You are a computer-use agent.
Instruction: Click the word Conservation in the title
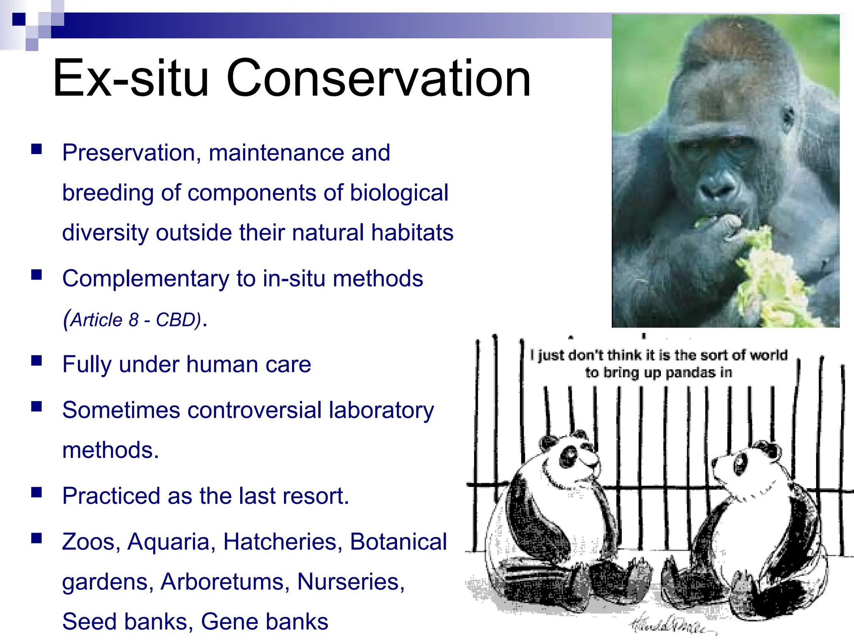[x=378, y=78]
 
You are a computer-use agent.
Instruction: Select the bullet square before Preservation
[x=37, y=149]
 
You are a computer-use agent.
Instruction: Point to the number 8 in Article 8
[x=133, y=320]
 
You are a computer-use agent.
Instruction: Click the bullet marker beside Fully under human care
[x=37, y=361]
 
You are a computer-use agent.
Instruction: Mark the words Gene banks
[x=264, y=621]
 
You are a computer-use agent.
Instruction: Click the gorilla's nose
[x=718, y=190]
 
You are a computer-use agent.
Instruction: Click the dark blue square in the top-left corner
[x=18, y=19]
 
